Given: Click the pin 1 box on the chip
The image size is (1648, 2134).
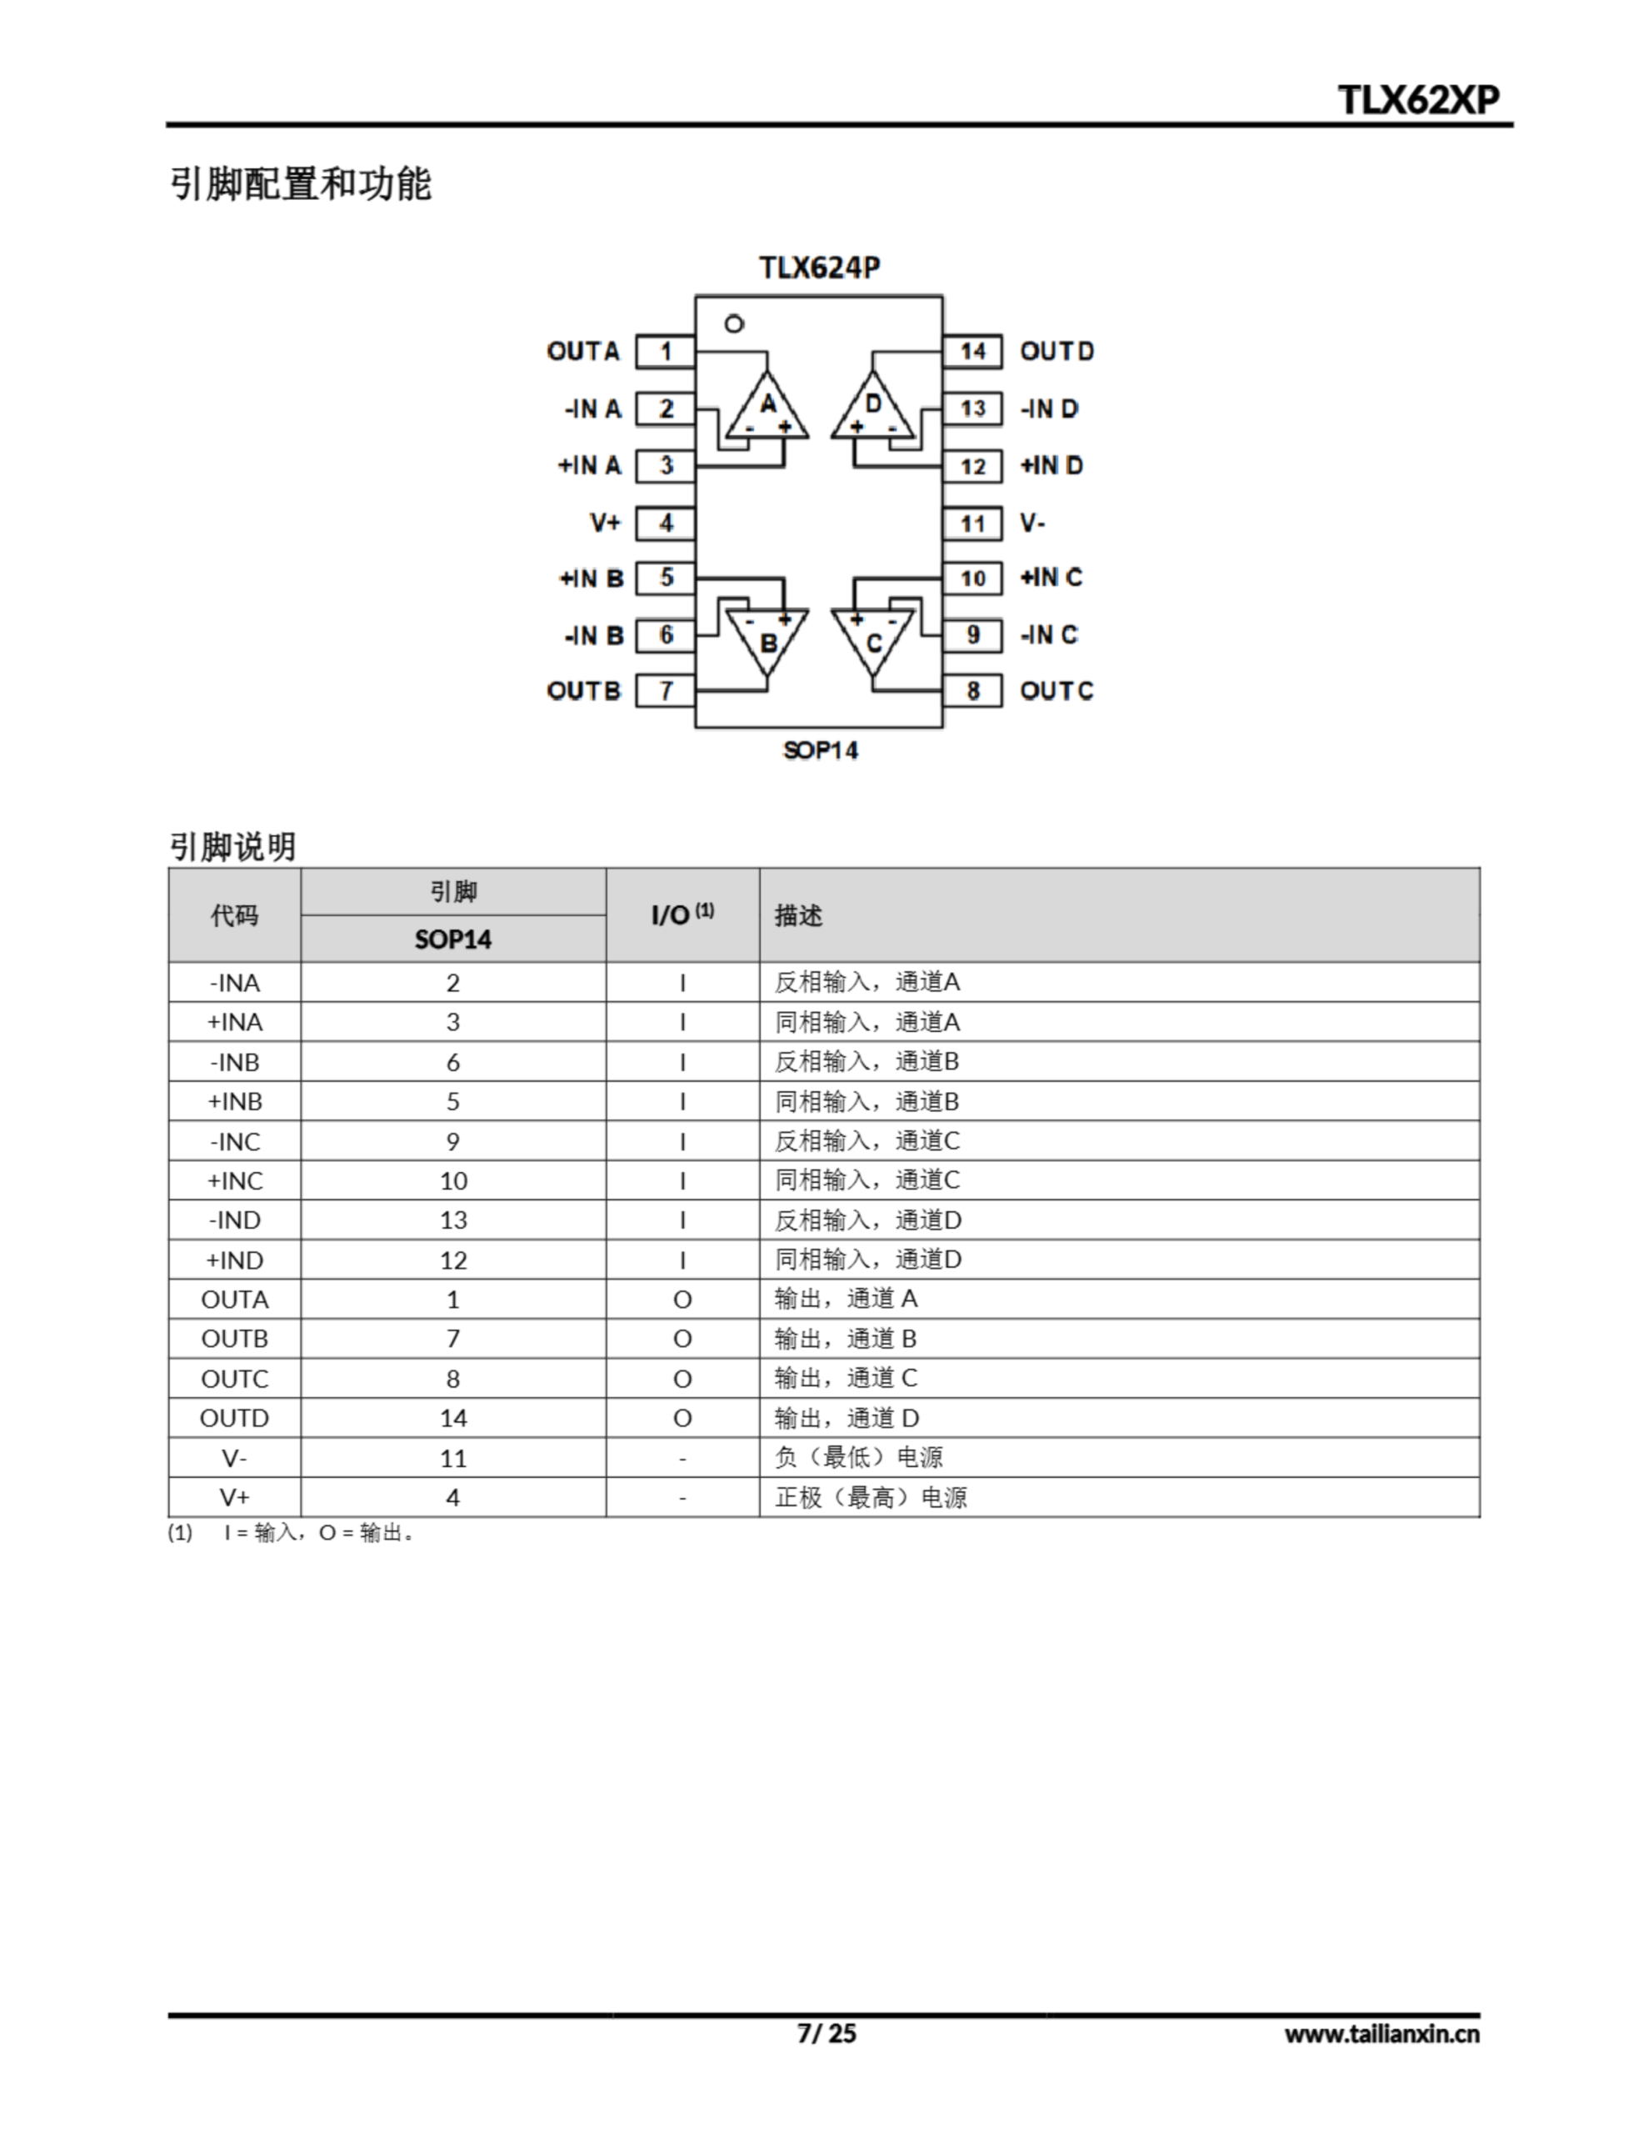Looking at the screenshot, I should (x=665, y=352).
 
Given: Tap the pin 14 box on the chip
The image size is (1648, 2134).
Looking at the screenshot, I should (x=972, y=352).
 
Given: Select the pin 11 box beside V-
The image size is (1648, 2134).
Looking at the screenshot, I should (x=972, y=523).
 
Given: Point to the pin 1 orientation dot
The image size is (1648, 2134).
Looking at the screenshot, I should (x=735, y=323).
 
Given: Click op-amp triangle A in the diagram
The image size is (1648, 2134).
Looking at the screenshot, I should (x=768, y=408).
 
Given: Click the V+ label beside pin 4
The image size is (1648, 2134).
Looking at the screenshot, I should (x=606, y=523).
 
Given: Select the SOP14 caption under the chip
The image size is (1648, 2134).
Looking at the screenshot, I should (x=821, y=750).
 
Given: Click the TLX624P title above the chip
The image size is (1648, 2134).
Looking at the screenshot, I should (x=820, y=268).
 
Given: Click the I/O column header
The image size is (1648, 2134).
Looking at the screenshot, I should (x=682, y=914).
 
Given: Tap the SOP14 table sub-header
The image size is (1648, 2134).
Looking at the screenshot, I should (x=453, y=939).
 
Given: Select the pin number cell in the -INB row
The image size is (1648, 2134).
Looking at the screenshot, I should (x=453, y=1062).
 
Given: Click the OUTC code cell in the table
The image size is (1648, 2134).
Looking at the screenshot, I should (x=234, y=1379).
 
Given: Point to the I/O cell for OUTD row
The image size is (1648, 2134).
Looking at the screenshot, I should (x=682, y=1418).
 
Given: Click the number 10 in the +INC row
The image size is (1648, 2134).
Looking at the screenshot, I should (x=453, y=1180).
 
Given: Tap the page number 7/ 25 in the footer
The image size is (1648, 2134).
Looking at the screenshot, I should (x=826, y=2033).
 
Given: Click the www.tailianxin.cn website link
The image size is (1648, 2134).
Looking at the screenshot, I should (x=1381, y=2034).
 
